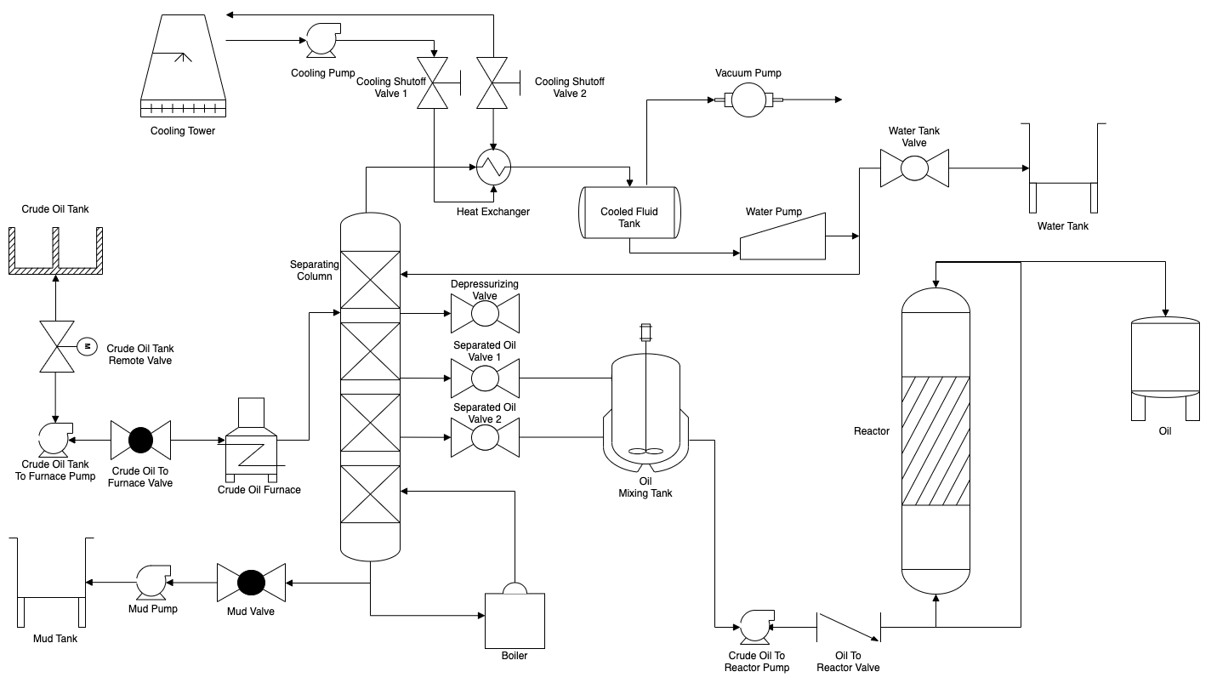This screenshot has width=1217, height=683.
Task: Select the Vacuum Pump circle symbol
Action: click(748, 100)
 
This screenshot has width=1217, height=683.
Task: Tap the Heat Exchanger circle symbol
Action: click(492, 168)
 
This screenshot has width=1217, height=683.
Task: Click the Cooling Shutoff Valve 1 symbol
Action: click(435, 83)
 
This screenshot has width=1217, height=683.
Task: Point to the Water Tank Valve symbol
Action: click(914, 168)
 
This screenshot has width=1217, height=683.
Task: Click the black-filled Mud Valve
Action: click(250, 583)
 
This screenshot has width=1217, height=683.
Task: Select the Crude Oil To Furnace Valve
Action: click(140, 440)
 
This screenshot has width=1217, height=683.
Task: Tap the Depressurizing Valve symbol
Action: click(485, 314)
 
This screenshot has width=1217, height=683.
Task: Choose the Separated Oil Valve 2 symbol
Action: click(485, 438)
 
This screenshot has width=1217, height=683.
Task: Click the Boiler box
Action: click(514, 618)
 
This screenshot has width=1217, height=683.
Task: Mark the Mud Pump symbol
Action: click(153, 582)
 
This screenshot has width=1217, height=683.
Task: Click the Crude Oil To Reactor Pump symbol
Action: click(753, 627)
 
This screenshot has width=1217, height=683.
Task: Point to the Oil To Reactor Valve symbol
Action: click(848, 628)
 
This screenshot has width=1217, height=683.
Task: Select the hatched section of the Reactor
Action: click(935, 440)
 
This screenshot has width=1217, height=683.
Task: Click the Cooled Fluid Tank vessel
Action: click(629, 212)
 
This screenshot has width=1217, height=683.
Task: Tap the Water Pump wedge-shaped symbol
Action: click(783, 237)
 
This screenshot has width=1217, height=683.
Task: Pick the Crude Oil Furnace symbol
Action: click(252, 440)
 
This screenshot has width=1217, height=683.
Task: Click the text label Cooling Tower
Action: click(183, 131)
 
